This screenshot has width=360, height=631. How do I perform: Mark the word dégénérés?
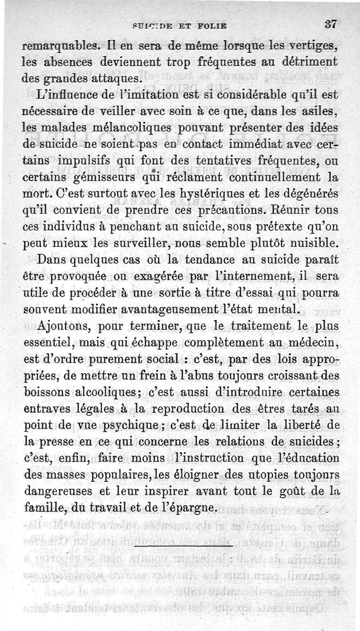pos(310,195)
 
